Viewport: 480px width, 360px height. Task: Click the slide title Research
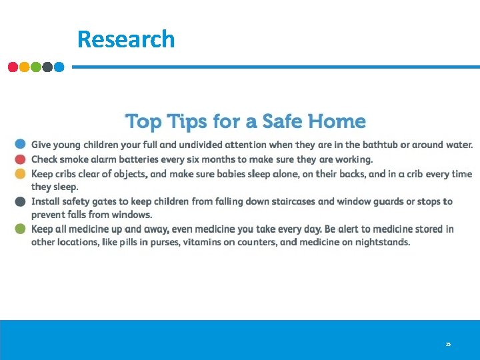click(126, 39)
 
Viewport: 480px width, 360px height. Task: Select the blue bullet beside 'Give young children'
click(21, 144)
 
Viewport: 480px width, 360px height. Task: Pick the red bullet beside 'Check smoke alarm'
click(21, 159)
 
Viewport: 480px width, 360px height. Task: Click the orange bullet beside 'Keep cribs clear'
click(21, 174)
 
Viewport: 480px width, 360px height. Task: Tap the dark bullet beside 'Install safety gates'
click(21, 201)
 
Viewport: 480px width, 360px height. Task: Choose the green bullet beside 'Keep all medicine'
click(21, 229)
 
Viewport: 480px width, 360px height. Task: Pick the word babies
click(232, 174)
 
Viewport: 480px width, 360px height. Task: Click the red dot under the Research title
click(13, 67)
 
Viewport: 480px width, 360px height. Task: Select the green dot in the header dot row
click(35, 67)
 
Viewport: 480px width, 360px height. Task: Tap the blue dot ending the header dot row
click(59, 67)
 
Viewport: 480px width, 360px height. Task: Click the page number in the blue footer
click(448, 344)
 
